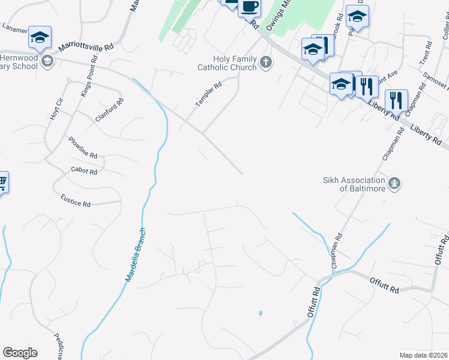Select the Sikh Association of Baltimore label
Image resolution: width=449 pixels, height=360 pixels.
[x=354, y=184]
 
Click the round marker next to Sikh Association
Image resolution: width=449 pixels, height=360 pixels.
[x=394, y=183]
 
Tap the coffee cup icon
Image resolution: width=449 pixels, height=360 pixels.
[x=249, y=7]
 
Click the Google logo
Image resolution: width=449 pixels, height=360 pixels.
[x=20, y=353]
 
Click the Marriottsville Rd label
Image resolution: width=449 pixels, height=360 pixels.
[x=86, y=47]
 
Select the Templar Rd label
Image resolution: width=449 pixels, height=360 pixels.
[x=209, y=95]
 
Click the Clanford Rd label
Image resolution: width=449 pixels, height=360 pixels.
[x=109, y=110]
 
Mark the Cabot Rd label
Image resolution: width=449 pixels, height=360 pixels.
[x=84, y=171]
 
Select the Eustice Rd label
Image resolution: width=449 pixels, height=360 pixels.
[x=75, y=200]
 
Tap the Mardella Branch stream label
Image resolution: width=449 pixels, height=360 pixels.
[x=136, y=254]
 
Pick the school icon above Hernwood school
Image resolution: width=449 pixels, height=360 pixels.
[x=40, y=37]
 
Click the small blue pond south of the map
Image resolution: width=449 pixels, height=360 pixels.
[x=260, y=313]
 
